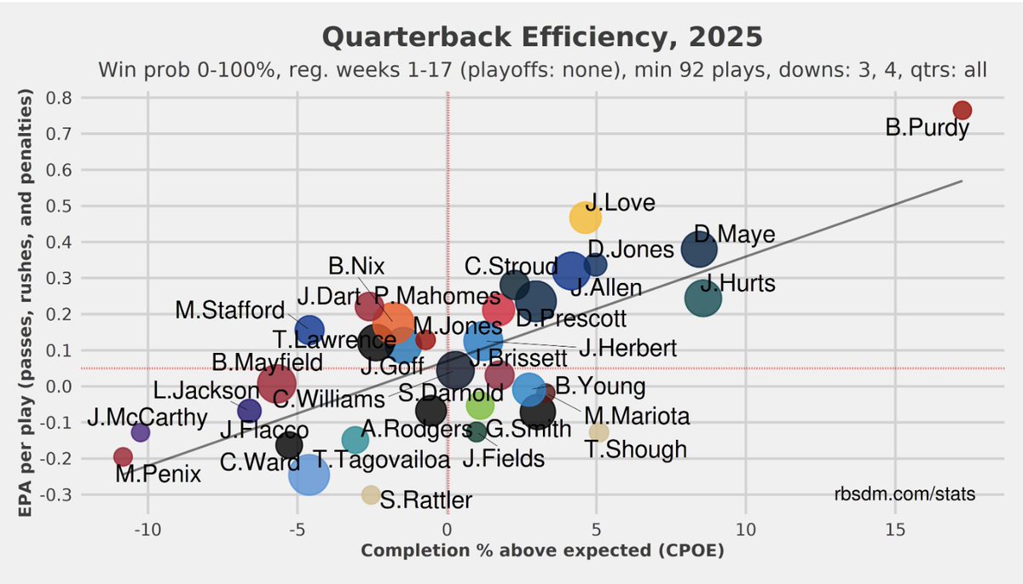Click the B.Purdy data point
click(962, 110)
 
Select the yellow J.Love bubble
click(585, 217)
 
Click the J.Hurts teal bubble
click(703, 298)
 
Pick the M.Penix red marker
click(123, 457)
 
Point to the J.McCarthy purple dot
click(141, 432)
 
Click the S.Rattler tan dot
click(371, 494)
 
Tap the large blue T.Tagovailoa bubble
click(309, 475)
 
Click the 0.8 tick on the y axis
click(61, 97)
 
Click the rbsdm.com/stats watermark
click(905, 494)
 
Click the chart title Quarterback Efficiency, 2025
click(541, 38)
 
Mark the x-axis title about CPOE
click(542, 551)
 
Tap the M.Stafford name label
click(230, 309)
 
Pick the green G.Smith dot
click(480, 405)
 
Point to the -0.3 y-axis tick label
click(58, 494)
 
